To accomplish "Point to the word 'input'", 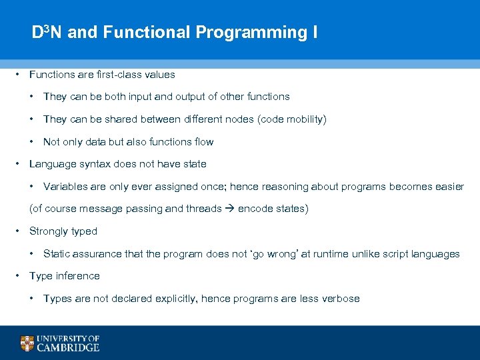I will tap(147, 97).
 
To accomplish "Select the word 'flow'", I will tap(203, 141).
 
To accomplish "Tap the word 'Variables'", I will tap(65, 187).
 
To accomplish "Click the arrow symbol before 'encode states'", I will tap(229, 209).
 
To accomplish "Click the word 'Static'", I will tap(56, 254).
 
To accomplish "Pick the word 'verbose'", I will tap(341, 299).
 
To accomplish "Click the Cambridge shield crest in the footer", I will tap(27, 343).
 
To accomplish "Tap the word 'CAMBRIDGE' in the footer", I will tap(68, 347).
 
